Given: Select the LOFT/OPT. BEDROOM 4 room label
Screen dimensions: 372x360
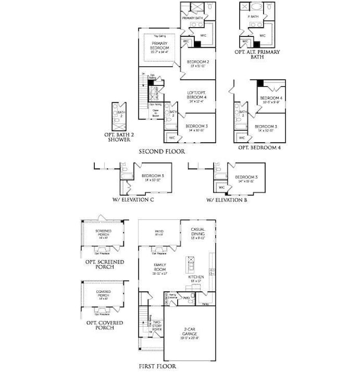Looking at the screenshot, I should click(197, 99).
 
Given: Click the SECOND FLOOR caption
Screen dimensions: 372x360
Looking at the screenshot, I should click(162, 151).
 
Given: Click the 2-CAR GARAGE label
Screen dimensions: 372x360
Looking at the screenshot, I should click(191, 332).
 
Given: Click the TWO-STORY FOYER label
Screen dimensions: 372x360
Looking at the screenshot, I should click(157, 326).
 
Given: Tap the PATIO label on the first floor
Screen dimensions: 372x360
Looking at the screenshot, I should click(160, 232).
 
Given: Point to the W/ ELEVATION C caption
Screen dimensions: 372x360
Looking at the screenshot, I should click(133, 199).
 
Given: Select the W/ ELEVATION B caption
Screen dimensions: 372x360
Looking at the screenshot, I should click(227, 199).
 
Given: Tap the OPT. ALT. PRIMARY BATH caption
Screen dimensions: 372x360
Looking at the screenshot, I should click(258, 54).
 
